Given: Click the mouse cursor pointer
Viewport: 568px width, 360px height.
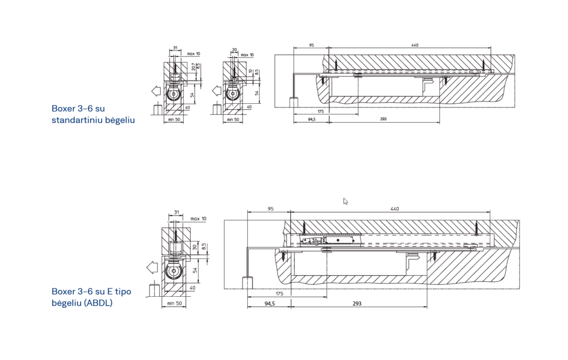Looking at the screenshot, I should point(346,201).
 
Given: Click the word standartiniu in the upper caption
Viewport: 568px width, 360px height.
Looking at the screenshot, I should point(79,119).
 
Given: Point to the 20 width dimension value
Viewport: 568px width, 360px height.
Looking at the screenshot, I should point(234,49).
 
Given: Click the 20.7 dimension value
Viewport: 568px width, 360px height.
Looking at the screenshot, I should point(193,67).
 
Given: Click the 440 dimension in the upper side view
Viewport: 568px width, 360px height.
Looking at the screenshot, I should point(415,45).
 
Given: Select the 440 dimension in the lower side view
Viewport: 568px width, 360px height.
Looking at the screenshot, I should point(394,209).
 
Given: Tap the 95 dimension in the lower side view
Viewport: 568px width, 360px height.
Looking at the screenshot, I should point(270,209).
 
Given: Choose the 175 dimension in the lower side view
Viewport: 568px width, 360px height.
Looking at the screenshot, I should point(279,293).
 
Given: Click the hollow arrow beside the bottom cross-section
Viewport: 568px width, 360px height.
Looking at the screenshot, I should point(152,268).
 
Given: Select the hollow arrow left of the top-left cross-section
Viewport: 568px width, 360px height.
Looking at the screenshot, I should point(155,90).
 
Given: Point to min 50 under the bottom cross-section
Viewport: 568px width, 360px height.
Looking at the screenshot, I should point(175,304).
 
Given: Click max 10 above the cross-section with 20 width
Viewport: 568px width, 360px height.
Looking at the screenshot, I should point(248,54).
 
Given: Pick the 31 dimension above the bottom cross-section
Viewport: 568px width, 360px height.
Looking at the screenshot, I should point(176,212).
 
